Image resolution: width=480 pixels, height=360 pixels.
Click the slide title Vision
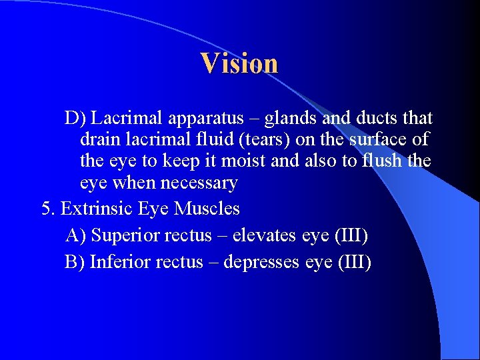click(x=239, y=63)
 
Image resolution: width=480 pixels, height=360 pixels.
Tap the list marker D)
click(x=75, y=119)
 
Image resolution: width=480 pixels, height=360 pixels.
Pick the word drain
click(x=98, y=140)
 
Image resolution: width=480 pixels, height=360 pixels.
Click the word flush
click(x=380, y=161)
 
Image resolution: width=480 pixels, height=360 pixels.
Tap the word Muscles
click(x=207, y=209)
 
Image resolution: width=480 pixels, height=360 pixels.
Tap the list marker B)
click(x=75, y=262)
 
